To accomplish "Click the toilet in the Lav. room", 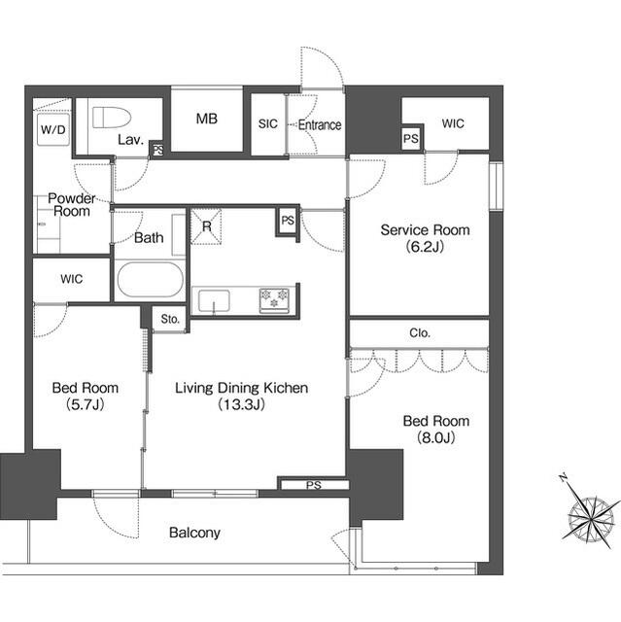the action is point(112,118).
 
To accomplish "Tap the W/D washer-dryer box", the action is point(53,129).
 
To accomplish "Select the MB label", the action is point(207,119).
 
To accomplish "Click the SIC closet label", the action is point(267,123).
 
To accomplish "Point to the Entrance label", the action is point(320,125).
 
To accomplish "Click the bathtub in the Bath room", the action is point(151,279).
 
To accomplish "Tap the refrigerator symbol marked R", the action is point(206,226).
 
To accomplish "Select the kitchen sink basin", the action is point(214,301).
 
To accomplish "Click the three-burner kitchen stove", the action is point(274,300).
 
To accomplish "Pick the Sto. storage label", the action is point(170,319).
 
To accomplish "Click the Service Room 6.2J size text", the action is point(425,247).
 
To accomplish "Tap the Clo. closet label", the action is point(420,332).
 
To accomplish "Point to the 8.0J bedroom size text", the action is point(435,437).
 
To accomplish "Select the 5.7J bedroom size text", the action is point(86,404).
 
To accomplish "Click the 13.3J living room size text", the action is point(241,404).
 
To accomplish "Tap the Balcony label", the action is point(194,533).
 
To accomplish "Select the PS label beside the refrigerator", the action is point(288,221).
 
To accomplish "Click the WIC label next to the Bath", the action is point(71,279).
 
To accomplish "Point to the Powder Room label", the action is point(72,205).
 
